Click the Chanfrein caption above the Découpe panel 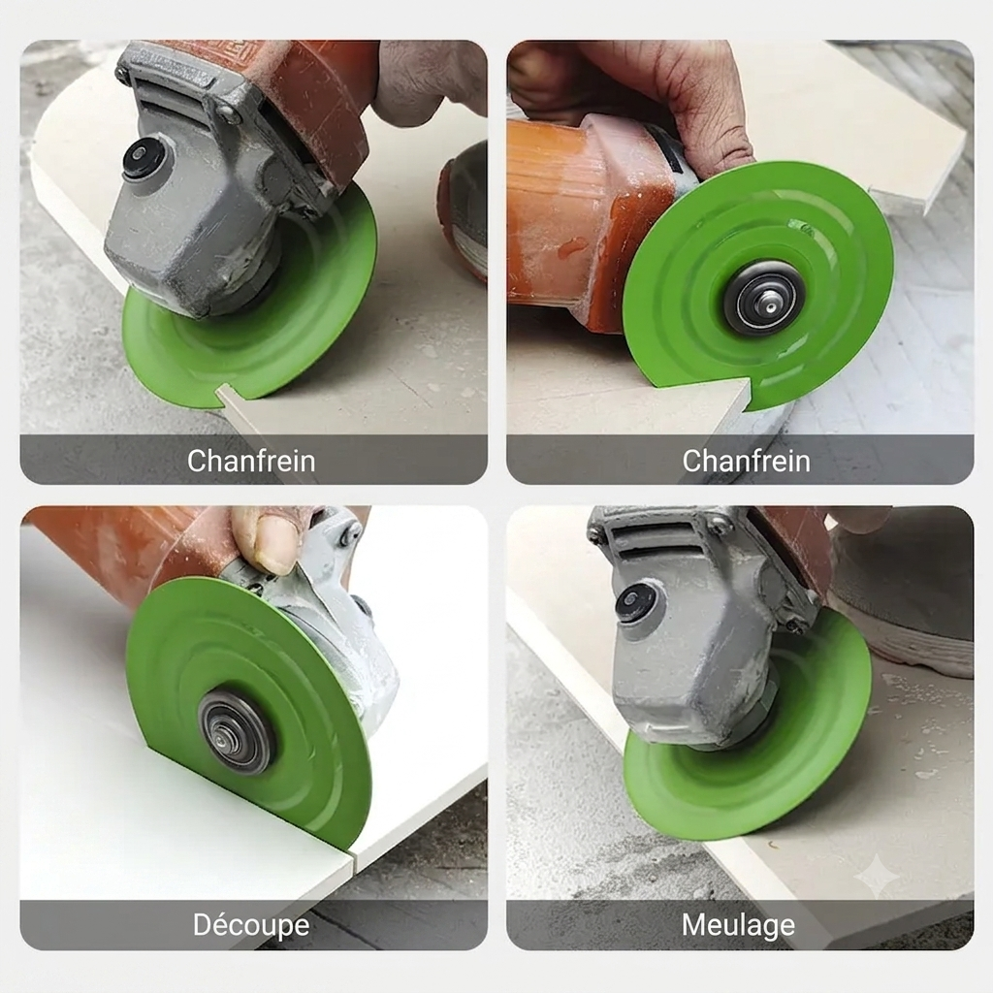(251, 461)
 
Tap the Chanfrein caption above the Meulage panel (746, 461)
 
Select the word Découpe (251, 925)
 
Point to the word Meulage (738, 925)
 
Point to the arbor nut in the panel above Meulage (764, 297)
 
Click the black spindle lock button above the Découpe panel (142, 158)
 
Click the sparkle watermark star (876, 876)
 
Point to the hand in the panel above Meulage (640, 95)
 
